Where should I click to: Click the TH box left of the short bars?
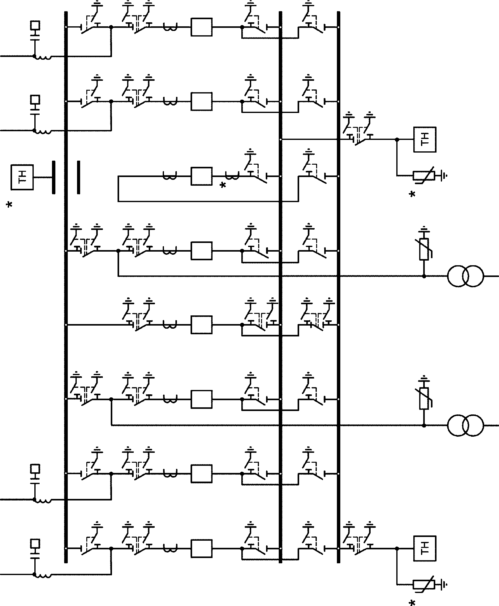22,177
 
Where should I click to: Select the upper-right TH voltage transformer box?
425,140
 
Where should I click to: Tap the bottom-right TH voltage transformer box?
425,548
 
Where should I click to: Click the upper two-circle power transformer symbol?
465,276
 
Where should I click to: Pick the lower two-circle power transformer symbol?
465,426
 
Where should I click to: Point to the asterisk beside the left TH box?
10,205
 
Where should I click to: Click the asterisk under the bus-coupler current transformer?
222,185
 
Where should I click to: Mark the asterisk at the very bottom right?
412,603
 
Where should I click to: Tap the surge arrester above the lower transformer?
424,399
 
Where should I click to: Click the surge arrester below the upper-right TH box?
424,176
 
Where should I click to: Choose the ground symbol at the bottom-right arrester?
444,585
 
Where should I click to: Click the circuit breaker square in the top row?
202,27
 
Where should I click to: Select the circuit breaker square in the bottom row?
202,548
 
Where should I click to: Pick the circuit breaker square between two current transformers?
202,176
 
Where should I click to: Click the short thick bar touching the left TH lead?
54,177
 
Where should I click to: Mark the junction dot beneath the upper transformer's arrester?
424,276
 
